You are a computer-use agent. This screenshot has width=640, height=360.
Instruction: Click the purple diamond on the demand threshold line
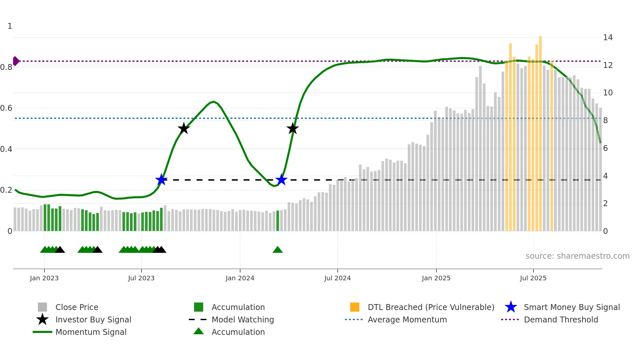pyautogui.click(x=16, y=61)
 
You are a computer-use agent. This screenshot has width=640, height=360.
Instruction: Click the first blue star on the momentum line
pyautogui.click(x=161, y=180)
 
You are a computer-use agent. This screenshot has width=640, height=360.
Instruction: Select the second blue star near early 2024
pyautogui.click(x=281, y=180)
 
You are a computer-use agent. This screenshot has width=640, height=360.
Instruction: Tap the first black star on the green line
pyautogui.click(x=184, y=128)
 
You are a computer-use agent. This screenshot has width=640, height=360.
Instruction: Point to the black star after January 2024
pyautogui.click(x=293, y=128)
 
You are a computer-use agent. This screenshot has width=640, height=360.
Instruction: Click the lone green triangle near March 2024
pyautogui.click(x=278, y=250)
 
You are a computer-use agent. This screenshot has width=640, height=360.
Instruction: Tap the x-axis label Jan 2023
pyautogui.click(x=44, y=278)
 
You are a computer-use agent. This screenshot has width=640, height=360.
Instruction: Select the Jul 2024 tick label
pyautogui.click(x=337, y=278)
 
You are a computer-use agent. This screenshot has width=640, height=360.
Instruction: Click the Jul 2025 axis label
pyautogui.click(x=533, y=278)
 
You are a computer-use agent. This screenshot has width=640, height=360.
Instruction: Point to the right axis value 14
pyautogui.click(x=608, y=38)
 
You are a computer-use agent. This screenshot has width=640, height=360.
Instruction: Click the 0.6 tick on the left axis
pyautogui.click(x=7, y=108)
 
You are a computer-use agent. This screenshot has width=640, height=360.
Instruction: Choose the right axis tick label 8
pyautogui.click(x=605, y=121)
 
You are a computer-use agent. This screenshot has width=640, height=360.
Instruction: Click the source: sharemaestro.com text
pyautogui.click(x=577, y=256)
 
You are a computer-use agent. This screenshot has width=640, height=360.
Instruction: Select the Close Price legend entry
pyautogui.click(x=77, y=307)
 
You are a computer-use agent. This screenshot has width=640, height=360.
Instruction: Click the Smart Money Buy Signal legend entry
pyautogui.click(x=571, y=307)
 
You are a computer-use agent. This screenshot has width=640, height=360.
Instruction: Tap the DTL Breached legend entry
pyautogui.click(x=431, y=307)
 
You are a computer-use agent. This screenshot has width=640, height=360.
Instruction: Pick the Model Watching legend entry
pyautogui.click(x=243, y=320)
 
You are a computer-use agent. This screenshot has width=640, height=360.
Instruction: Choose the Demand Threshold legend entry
pyautogui.click(x=561, y=320)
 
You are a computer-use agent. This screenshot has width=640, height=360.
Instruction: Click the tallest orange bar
pyautogui.click(x=540, y=131)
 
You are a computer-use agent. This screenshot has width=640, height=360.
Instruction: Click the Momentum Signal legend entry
pyautogui.click(x=91, y=332)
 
